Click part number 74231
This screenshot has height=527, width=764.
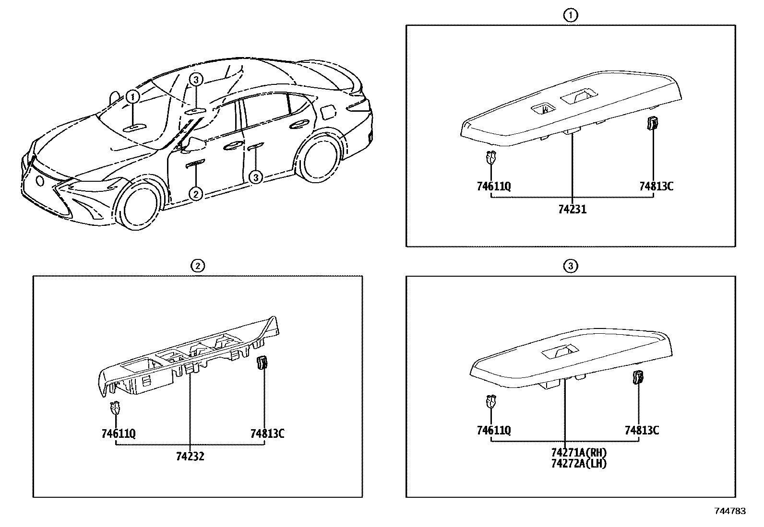tap(572, 210)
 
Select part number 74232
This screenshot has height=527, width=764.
tap(190, 457)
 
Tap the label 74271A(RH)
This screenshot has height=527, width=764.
tap(579, 453)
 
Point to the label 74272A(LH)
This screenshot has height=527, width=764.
tap(579, 464)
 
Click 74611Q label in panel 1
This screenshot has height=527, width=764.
tap(494, 186)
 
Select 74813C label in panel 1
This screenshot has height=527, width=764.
tap(656, 186)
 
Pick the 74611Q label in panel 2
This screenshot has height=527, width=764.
tap(119, 434)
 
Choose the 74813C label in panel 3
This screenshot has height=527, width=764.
tap(642, 431)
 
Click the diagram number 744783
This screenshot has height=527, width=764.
tap(730, 511)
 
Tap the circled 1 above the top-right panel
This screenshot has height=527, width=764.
tap(570, 16)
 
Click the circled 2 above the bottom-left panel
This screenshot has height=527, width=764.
tap(197, 266)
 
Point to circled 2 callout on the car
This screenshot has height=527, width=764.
tap(196, 193)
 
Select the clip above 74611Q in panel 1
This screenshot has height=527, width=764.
tap(490, 157)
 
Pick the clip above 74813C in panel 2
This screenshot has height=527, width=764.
tap(262, 363)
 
